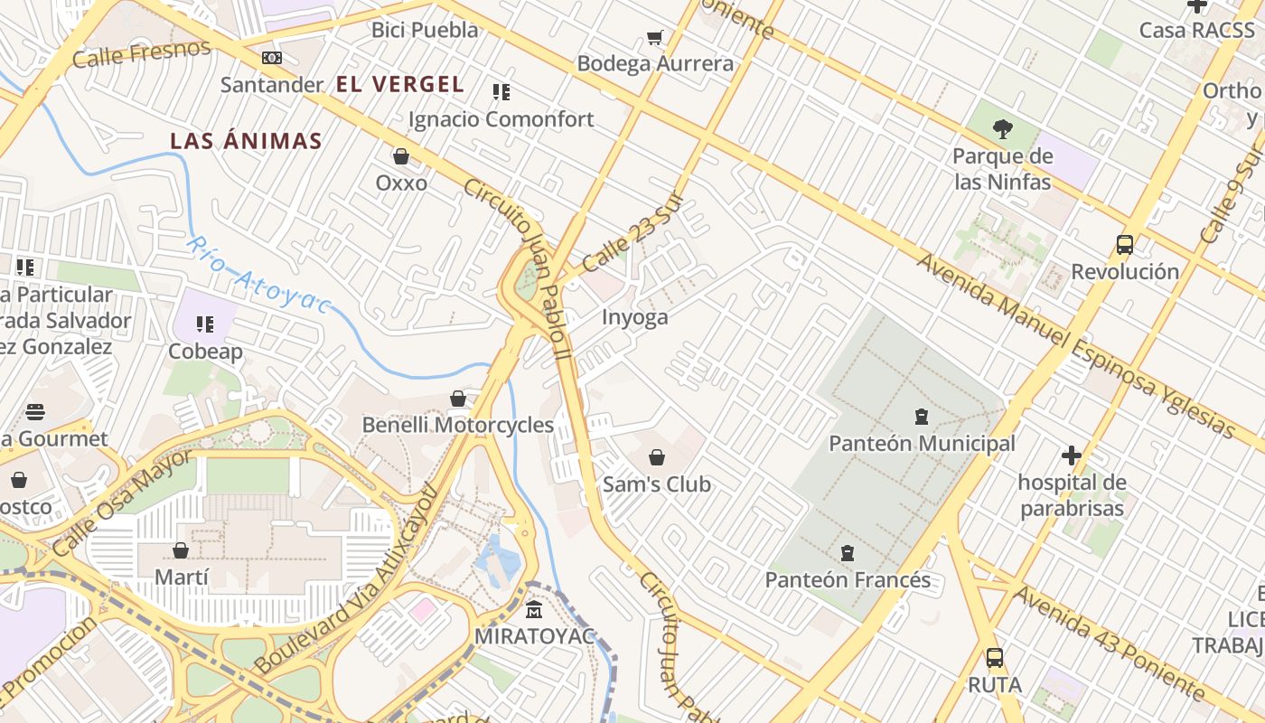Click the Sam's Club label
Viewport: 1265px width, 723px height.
tap(657, 484)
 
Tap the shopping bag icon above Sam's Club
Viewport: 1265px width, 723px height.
tap(657, 457)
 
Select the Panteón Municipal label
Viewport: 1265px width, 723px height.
tap(922, 444)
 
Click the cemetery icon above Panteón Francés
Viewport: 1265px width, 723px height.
tap(848, 552)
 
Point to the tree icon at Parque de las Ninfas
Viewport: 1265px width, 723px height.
tap(1002, 128)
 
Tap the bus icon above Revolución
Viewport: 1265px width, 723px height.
tap(1125, 244)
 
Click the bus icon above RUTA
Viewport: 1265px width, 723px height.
tap(995, 658)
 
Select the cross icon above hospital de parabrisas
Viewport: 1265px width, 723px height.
tap(1072, 455)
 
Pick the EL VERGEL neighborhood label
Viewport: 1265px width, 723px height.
tap(400, 85)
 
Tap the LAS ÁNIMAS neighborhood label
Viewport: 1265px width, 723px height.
tap(247, 141)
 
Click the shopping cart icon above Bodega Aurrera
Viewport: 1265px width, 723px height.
tap(655, 37)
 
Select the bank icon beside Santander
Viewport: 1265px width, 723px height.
tap(272, 58)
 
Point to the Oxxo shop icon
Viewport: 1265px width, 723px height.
tap(401, 156)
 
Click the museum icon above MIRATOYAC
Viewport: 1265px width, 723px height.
tap(534, 609)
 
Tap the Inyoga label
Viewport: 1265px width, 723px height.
tap(635, 317)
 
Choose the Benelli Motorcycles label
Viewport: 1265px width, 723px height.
tap(458, 425)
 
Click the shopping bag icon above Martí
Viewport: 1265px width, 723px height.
tap(181, 550)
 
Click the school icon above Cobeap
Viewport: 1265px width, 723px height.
tap(205, 324)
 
